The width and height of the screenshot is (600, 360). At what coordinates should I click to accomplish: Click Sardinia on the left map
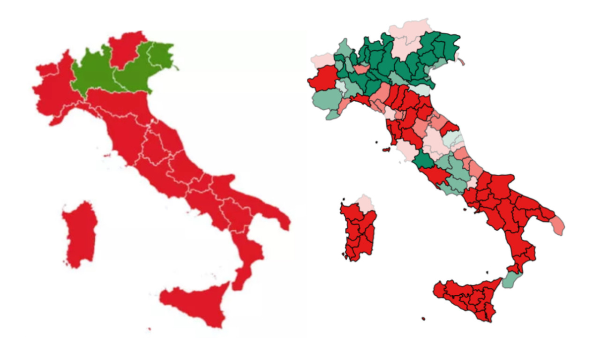[x=81, y=234]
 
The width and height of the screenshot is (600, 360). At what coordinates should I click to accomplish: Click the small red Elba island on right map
[x=387, y=150]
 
